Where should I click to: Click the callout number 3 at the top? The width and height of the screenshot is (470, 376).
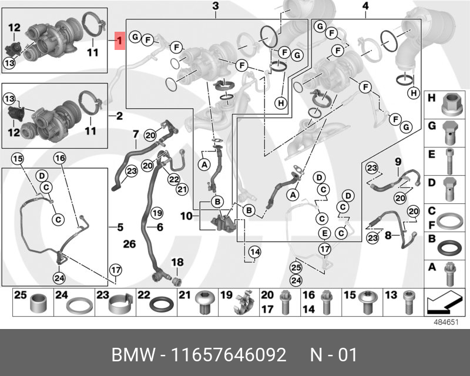[x=216, y=6]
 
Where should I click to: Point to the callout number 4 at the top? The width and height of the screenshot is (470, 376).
[x=365, y=6]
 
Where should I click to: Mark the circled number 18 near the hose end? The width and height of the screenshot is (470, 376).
[x=177, y=261]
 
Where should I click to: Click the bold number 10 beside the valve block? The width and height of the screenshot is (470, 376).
[x=186, y=216]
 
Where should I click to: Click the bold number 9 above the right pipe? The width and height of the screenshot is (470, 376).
[x=397, y=161]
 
